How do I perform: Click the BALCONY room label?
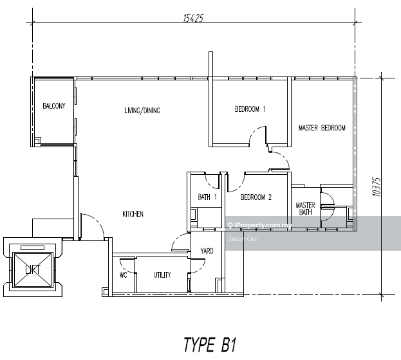point(54,107)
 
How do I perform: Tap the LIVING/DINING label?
point(142,111)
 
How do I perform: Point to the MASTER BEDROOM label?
point(322,128)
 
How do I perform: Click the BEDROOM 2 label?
point(256,198)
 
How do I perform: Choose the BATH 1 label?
point(207,197)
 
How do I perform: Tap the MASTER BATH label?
point(305,209)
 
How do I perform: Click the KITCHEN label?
point(133,214)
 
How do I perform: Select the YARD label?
point(207,251)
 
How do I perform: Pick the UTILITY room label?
point(162,275)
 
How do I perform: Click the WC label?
point(123,275)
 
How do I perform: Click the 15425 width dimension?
point(193,18)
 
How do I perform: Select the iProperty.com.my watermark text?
point(263,226)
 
